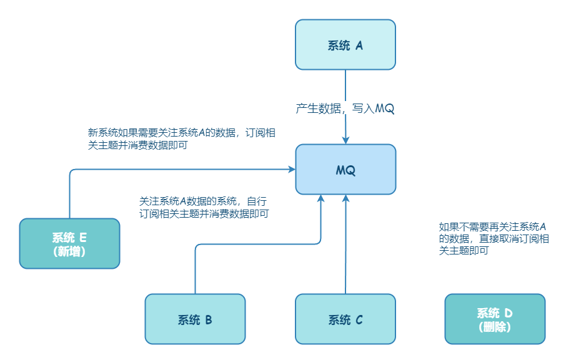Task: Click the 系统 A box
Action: [345, 44]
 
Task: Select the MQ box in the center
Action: [345, 170]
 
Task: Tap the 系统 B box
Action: [195, 319]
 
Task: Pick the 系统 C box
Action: [345, 319]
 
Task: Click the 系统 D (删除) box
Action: [495, 319]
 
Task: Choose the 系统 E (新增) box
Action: [69, 243]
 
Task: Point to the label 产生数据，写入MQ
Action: [345, 109]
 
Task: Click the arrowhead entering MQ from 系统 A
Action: [345, 140]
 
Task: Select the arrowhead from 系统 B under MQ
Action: [320, 198]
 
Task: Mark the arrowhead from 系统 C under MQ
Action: [345, 198]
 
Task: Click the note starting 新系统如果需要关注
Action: [182, 138]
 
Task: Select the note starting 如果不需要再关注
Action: [494, 238]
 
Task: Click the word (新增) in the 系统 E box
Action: [69, 251]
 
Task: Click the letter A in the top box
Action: [359, 45]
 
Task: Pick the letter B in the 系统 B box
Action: [209, 320]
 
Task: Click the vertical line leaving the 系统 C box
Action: [345, 249]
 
